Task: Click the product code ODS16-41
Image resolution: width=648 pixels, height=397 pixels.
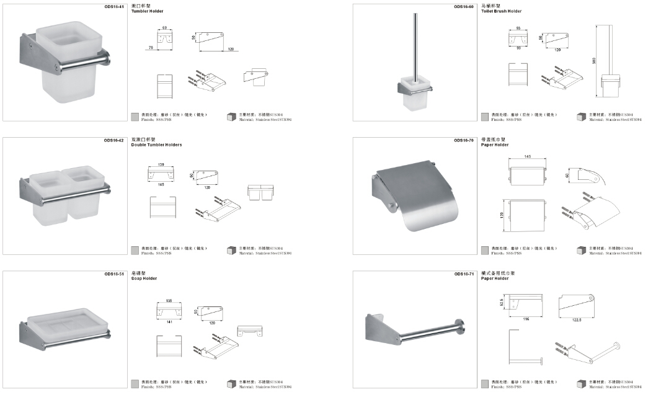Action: (115, 6)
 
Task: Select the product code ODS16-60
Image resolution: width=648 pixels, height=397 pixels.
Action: (464, 6)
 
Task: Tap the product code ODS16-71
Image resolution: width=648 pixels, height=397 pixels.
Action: (464, 274)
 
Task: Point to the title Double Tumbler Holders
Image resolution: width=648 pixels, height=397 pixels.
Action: (156, 145)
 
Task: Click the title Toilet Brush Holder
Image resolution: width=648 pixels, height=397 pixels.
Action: (502, 11)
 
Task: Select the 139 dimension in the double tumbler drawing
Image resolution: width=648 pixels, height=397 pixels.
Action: (161, 165)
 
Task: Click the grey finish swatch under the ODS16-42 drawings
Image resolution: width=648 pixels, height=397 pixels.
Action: (135, 251)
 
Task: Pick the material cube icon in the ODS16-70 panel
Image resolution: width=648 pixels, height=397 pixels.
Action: (582, 251)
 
